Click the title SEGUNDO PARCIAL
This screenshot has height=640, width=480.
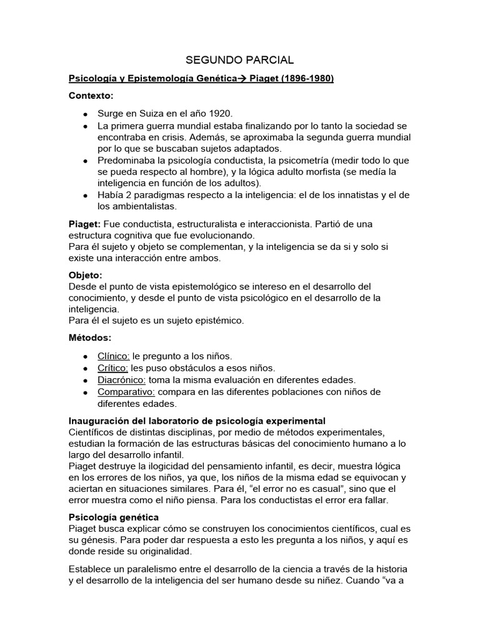(x=240, y=60)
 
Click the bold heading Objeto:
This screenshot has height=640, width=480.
(x=85, y=275)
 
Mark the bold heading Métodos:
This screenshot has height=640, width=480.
(x=89, y=338)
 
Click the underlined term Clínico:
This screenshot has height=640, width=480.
(x=113, y=356)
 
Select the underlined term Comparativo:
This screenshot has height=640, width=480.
(x=127, y=392)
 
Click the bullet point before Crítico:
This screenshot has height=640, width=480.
(x=85, y=368)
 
